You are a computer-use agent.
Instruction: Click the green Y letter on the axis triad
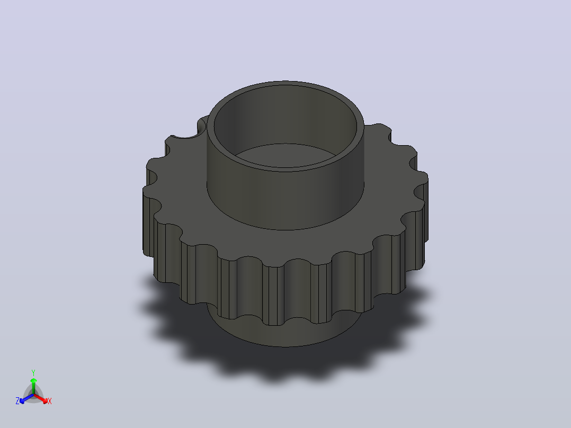(33, 372)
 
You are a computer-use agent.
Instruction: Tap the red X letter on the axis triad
(50, 401)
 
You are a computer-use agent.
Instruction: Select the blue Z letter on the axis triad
(17, 401)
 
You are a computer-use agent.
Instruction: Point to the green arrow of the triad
(33, 386)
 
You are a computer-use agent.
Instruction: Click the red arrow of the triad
(41, 398)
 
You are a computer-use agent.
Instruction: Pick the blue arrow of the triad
(26, 398)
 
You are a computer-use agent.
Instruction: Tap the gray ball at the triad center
(33, 395)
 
